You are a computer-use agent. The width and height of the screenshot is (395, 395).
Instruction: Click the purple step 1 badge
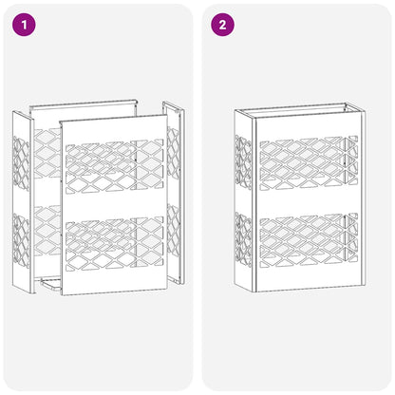pos(24,25)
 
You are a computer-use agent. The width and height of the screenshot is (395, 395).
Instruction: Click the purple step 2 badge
pos(222,25)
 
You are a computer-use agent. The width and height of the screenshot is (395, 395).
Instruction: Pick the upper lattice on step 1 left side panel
pos(21,156)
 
